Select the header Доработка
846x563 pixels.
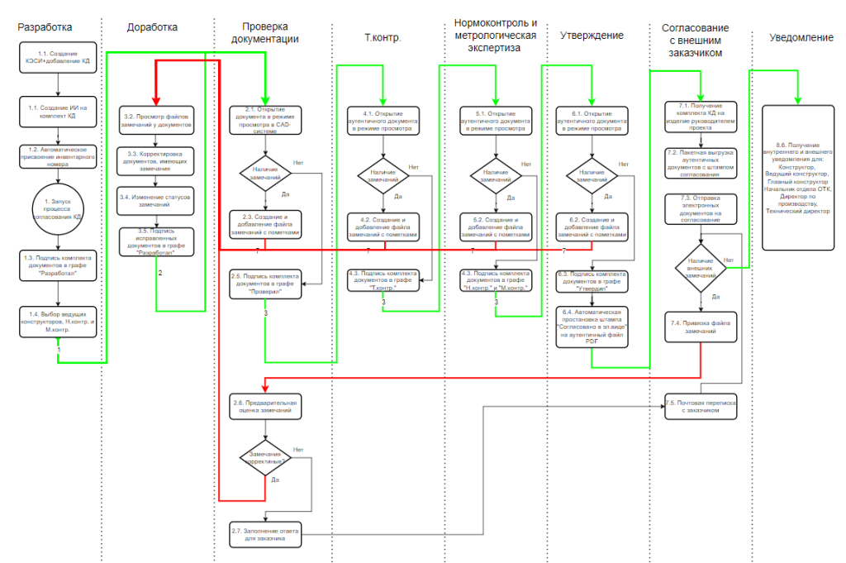tap(152, 27)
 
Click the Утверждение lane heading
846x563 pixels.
tap(592, 36)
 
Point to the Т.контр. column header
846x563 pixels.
tap(383, 38)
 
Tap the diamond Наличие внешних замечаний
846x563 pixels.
tap(701, 266)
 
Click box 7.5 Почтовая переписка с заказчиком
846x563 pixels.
tap(701, 406)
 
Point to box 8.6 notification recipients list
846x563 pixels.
tap(797, 178)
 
